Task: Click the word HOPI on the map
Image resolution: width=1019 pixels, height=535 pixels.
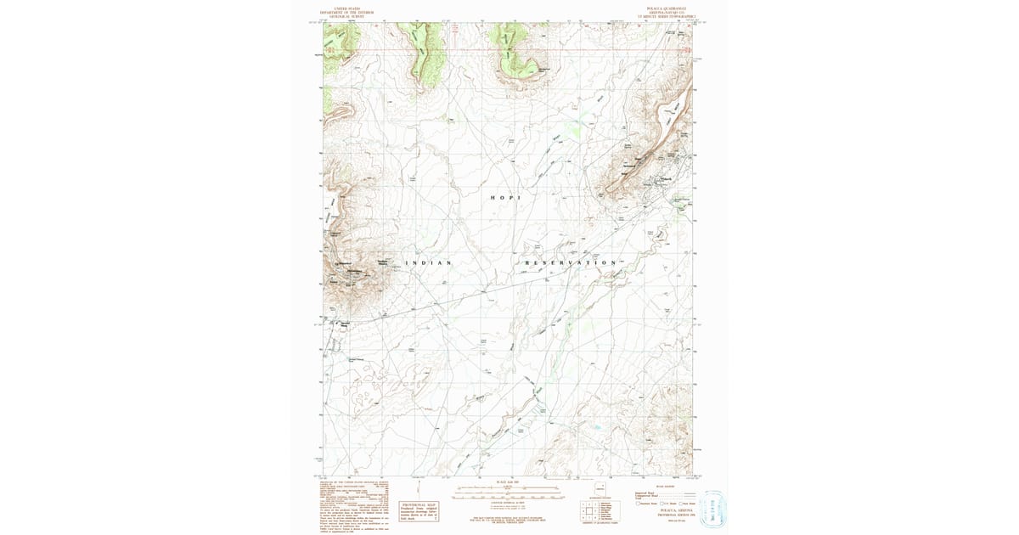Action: point(504,197)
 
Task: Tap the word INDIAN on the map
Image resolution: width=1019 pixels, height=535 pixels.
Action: point(428,263)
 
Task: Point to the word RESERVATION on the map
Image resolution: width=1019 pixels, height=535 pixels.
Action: point(570,263)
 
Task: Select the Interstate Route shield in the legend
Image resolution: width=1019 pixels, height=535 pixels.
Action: point(639,504)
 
